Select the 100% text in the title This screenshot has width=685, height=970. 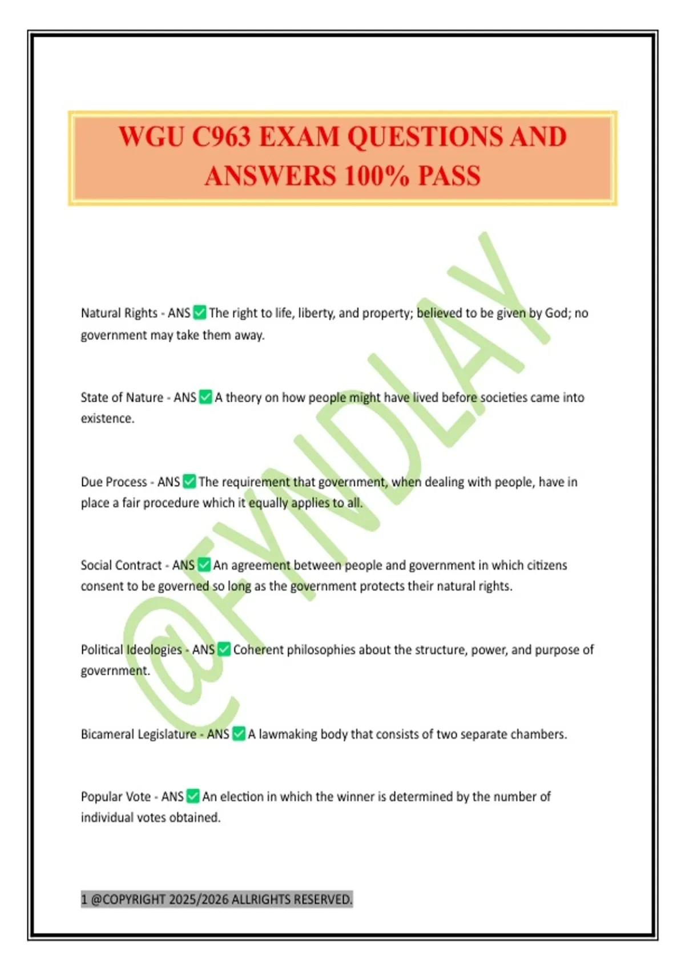tap(376, 175)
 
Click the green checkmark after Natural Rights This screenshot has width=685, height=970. tap(200, 313)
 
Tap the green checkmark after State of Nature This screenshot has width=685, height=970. tap(205, 397)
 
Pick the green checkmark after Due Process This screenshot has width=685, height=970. tap(190, 482)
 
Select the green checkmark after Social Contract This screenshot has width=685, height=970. tap(204, 565)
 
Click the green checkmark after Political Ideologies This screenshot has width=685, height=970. tap(224, 649)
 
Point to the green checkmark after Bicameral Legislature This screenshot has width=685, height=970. tap(239, 734)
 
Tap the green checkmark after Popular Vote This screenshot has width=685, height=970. tap(194, 796)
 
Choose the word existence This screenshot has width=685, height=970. tap(107, 418)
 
